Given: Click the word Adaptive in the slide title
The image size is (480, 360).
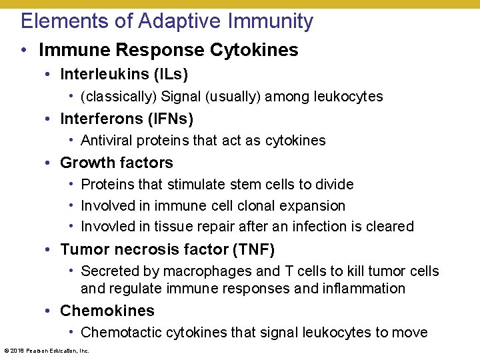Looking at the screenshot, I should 180,21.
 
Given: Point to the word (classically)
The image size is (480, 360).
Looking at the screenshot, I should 119,97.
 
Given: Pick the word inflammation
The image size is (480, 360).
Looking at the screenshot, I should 365,289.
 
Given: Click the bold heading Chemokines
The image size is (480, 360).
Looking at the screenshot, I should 107,311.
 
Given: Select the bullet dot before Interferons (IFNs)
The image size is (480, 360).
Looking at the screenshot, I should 50,119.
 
